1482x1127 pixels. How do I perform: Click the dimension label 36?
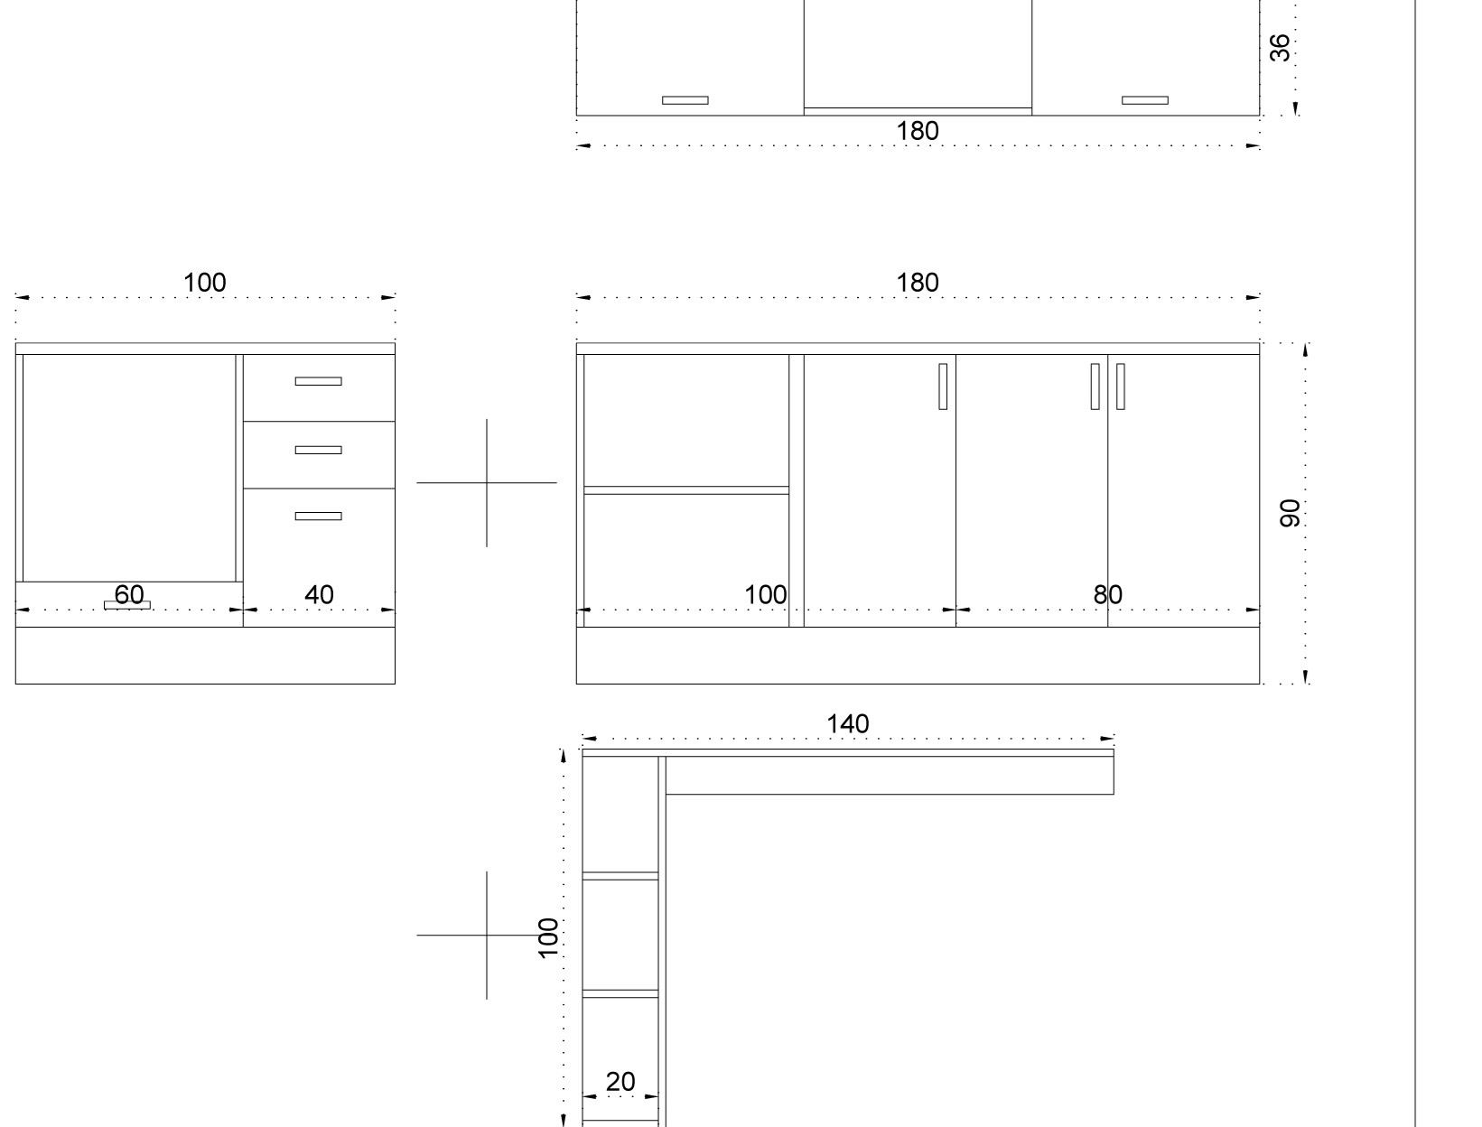pos(1280,48)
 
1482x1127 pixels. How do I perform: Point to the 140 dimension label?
pos(847,724)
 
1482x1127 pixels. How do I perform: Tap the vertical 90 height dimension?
pos(1290,513)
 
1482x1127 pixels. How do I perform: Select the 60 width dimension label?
pos(129,594)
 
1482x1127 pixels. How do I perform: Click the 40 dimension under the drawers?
pos(319,594)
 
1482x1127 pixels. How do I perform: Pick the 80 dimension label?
pos(1107,594)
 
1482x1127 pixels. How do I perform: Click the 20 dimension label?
pos(620,1082)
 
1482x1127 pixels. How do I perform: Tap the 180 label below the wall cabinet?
pos(917,131)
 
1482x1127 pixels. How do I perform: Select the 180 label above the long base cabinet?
pos(917,283)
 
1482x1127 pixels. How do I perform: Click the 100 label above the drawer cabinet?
pos(205,283)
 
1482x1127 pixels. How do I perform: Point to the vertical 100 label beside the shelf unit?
pos(548,937)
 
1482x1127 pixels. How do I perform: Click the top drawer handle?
pos(318,381)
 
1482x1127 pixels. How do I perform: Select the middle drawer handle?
pos(318,450)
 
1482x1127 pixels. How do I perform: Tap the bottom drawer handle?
pos(318,517)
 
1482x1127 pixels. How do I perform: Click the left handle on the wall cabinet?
pos(685,100)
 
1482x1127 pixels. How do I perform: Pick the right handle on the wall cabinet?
pos(1145,100)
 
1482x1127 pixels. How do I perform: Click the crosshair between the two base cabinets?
pos(487,482)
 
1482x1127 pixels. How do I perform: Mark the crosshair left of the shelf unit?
pos(487,936)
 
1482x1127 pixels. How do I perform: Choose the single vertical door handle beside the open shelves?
pos(943,387)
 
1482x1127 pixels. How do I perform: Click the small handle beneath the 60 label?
pos(127,605)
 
